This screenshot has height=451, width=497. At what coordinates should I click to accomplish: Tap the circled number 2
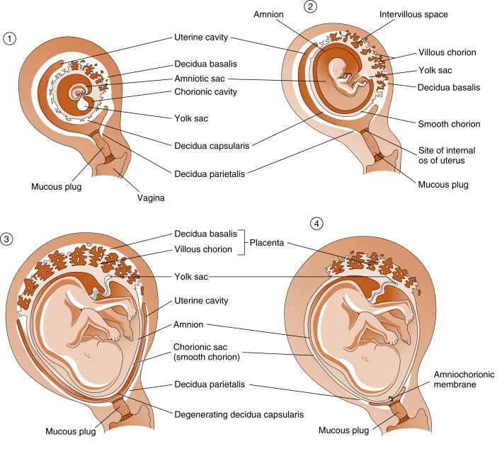tap(310, 7)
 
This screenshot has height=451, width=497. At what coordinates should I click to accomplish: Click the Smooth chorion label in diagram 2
tap(448, 124)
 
